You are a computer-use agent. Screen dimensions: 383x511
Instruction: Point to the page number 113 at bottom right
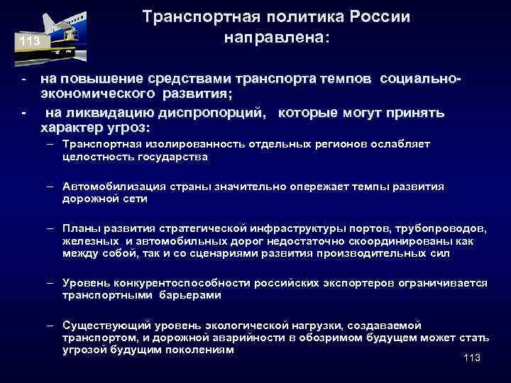click(x=471, y=358)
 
